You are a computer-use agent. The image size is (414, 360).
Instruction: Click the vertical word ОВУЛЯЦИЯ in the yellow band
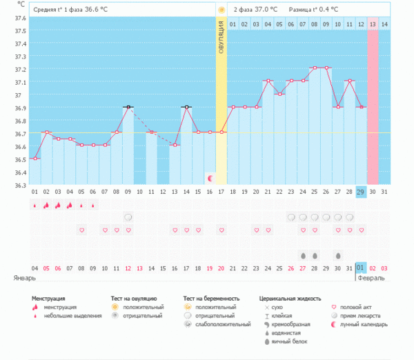[221, 42]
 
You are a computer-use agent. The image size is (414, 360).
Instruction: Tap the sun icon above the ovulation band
[221, 10]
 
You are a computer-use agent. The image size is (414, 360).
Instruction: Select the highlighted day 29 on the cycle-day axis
[361, 191]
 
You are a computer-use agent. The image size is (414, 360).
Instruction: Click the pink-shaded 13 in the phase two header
[373, 24]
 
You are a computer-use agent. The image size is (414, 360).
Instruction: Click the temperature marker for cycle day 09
[128, 107]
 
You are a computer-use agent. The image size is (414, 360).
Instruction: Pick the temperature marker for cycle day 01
[34, 159]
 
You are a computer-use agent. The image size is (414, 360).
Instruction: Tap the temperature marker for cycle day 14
[186, 107]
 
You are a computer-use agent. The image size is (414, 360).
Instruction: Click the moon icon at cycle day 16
[210, 178]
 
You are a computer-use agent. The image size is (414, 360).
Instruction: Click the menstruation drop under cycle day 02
[46, 205]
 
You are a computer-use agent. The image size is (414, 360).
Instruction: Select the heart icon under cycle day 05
[81, 230]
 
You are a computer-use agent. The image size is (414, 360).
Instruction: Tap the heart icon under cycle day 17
[221, 230]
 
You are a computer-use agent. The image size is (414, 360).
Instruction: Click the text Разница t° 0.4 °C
[314, 10]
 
